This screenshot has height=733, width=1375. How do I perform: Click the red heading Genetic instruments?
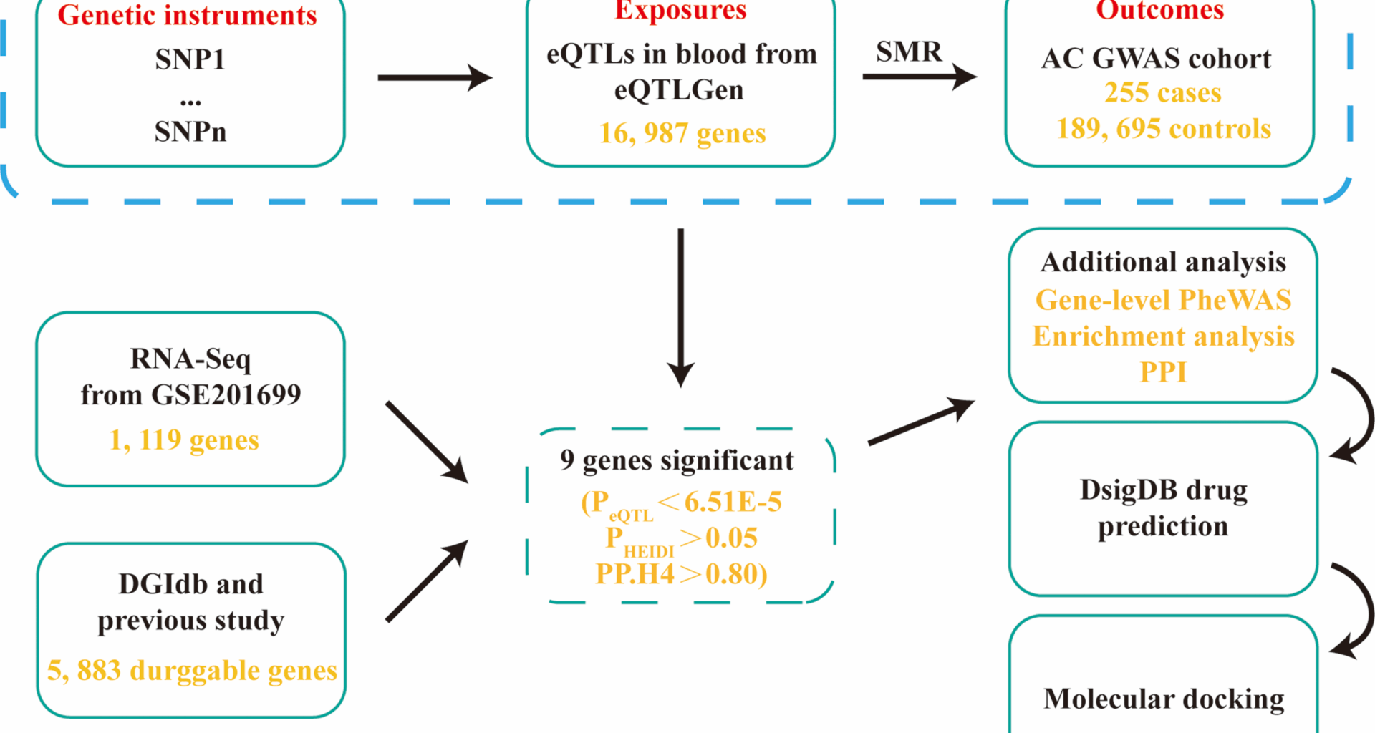coord(187,15)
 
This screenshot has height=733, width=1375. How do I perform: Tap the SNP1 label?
coord(190,59)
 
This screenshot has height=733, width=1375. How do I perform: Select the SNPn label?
coord(190,132)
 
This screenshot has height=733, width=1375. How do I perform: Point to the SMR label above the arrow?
coord(909,52)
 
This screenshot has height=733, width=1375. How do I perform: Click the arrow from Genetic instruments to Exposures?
coord(434,77)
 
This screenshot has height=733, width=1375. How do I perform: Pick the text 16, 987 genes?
coord(682,133)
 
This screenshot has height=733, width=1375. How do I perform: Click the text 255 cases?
coord(1162,93)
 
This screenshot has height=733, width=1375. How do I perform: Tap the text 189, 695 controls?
coord(1163,129)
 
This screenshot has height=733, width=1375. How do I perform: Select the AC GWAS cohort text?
coord(1156,59)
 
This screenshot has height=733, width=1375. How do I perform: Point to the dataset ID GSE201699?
coord(226,395)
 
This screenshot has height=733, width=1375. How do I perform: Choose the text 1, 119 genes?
coord(184,440)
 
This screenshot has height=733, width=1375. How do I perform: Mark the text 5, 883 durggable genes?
coord(192,671)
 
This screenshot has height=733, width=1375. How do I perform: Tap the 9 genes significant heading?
coord(677,460)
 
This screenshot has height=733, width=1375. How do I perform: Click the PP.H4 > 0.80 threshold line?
coord(681,574)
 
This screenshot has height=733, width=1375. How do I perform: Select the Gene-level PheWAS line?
coord(1163,300)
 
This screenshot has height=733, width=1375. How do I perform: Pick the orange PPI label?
coord(1163,372)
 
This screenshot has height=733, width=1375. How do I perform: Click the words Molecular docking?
coord(1164,699)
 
